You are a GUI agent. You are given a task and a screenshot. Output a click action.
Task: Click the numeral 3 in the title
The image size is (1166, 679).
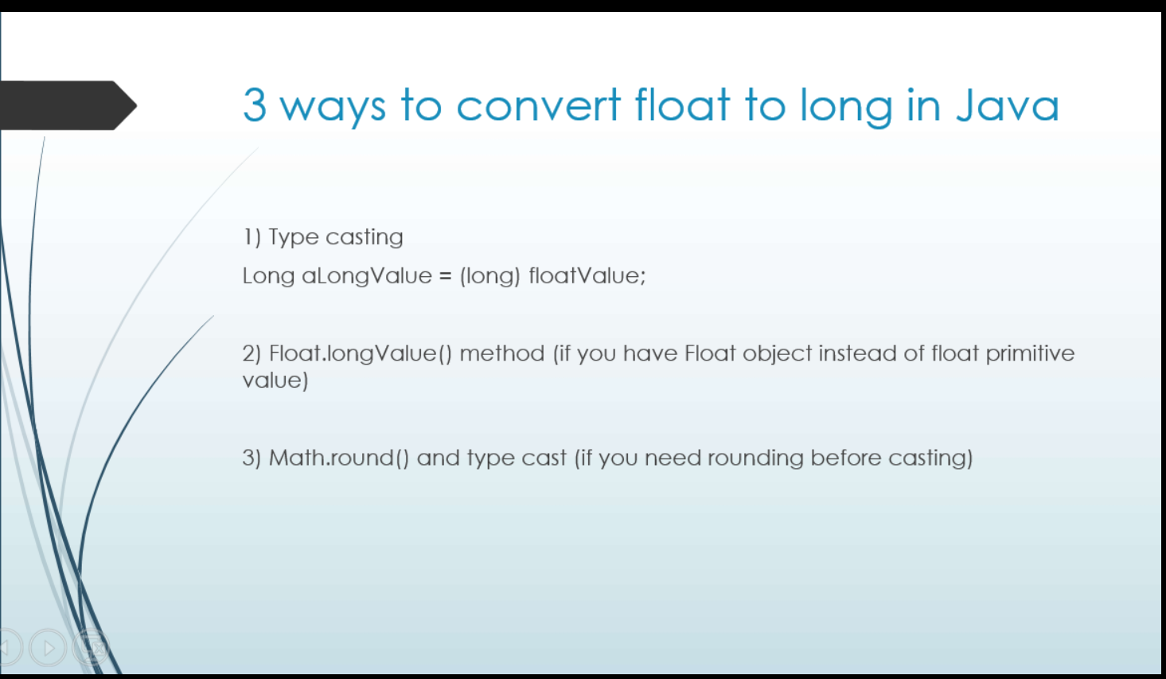(255, 106)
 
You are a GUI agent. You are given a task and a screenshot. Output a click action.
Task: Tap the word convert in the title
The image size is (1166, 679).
(538, 106)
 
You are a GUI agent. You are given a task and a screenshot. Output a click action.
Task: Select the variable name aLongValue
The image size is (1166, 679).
(366, 276)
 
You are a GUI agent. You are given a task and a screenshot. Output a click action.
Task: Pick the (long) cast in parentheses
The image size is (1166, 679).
(489, 276)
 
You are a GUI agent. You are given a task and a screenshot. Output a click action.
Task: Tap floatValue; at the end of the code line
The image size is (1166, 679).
(587, 276)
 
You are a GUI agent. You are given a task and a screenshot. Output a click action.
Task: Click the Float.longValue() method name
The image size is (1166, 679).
(360, 353)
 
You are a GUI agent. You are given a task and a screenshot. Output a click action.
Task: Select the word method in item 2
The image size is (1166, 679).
(502, 353)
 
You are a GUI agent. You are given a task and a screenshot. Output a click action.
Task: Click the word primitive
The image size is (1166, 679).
(1030, 353)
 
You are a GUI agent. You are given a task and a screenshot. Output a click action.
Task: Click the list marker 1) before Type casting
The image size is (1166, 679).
(252, 237)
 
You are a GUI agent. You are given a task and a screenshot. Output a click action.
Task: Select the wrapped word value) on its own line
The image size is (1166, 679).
(275, 380)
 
